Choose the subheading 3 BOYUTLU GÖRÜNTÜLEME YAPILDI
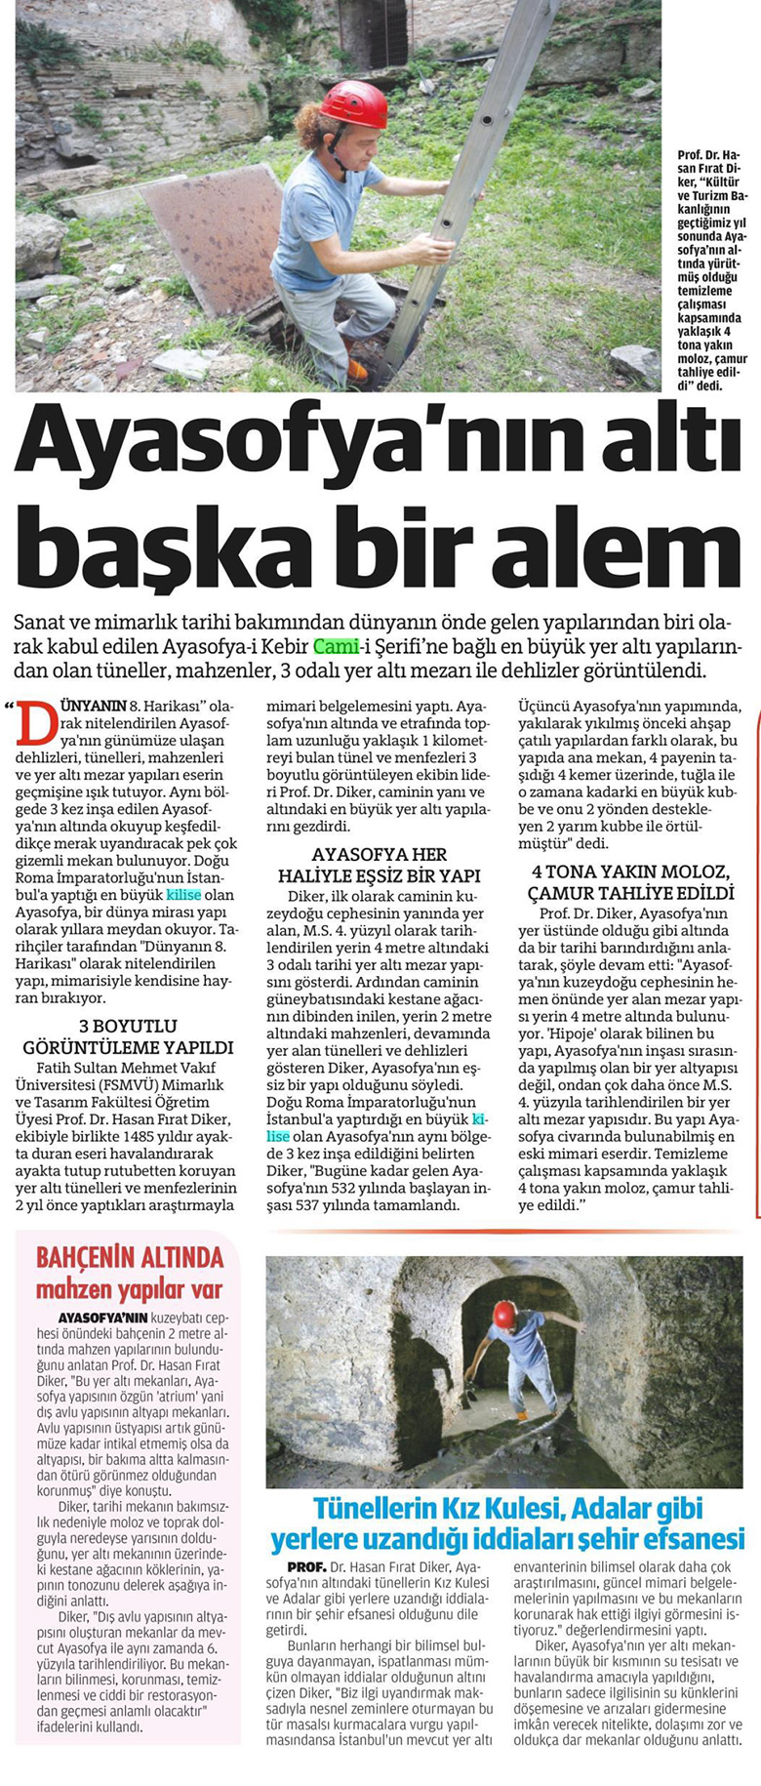[127, 1036]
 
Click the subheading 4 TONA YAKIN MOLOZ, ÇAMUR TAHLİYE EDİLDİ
[633, 882]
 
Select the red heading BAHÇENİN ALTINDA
[130, 1256]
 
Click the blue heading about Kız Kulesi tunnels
[507, 1522]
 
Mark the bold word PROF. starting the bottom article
[293, 1565]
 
